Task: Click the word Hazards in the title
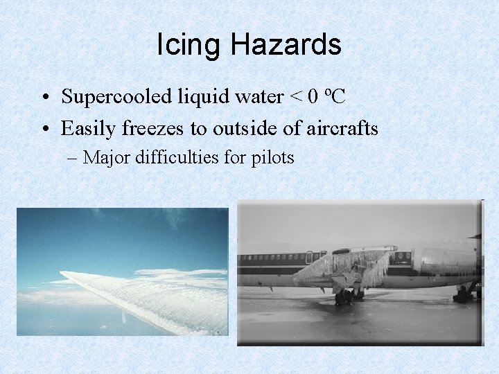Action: click(286, 46)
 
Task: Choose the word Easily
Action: click(87, 129)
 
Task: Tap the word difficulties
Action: click(162, 158)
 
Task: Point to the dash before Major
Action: click(74, 159)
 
